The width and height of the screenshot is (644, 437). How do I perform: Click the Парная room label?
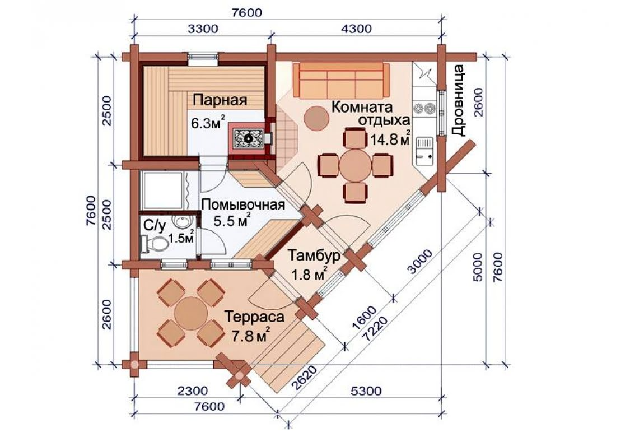220,100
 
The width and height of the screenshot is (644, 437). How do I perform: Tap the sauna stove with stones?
248,138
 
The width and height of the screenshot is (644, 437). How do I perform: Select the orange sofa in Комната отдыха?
341,80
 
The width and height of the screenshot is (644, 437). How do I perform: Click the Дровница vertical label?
458,100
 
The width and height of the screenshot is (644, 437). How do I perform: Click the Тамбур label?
314,255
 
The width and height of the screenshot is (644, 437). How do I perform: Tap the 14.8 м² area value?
390,140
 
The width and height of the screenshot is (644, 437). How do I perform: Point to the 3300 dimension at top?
203,29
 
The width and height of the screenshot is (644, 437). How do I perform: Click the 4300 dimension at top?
356,29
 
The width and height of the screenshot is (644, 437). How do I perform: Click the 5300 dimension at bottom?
366,390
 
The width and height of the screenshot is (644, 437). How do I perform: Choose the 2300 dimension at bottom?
193,390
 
